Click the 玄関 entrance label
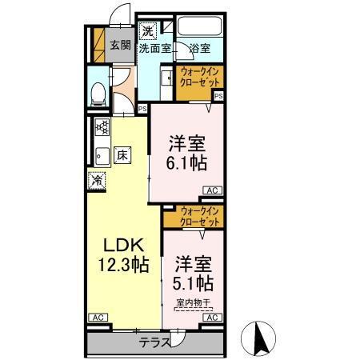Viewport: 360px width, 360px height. [x=121, y=46]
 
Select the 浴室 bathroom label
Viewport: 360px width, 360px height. [x=200, y=48]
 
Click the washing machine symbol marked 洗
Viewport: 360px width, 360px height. [x=147, y=32]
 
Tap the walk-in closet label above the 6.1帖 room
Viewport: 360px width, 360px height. [x=200, y=77]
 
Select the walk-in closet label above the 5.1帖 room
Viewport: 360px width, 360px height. [x=201, y=216]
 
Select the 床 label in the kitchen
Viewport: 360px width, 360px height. [x=122, y=154]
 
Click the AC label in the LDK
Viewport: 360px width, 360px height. [x=96, y=318]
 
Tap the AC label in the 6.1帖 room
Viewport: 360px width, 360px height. [x=212, y=190]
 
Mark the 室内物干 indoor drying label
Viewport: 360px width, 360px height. [x=194, y=302]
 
